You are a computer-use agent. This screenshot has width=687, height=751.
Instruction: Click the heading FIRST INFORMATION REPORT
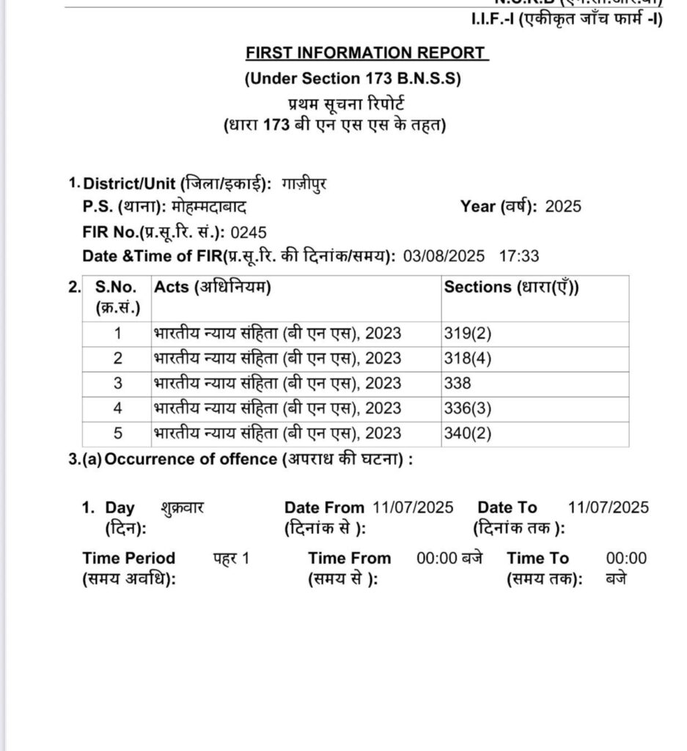[367, 53]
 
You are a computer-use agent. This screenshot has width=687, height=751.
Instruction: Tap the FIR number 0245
[247, 232]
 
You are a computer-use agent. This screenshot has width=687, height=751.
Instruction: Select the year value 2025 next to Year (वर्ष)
[563, 207]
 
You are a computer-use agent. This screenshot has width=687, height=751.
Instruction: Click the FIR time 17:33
[518, 257]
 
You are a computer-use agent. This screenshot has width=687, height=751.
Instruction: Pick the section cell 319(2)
[467, 334]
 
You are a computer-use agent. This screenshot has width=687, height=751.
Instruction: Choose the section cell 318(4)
[467, 359]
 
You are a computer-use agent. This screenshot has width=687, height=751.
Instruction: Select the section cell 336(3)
[467, 409]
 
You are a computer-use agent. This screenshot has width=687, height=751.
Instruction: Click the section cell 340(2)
[467, 433]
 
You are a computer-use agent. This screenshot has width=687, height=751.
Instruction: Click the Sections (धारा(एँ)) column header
[511, 287]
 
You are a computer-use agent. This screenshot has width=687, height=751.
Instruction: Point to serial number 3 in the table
[117, 384]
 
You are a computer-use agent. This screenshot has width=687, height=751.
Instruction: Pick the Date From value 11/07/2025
[413, 508]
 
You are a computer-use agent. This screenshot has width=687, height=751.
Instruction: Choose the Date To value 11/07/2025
[608, 508]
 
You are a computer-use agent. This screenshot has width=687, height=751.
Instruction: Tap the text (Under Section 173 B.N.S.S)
[353, 79]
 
